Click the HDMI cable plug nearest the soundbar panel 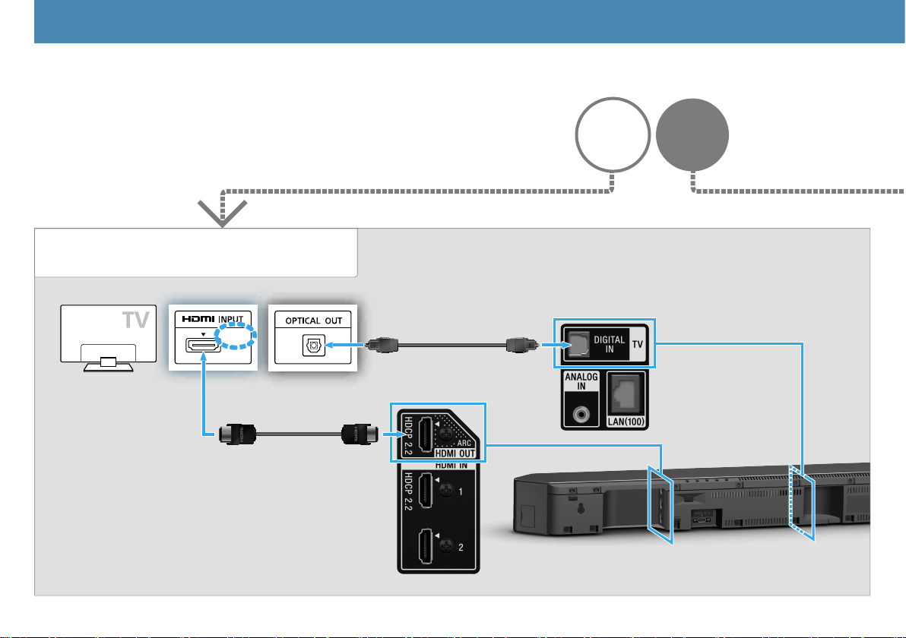[355, 435]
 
